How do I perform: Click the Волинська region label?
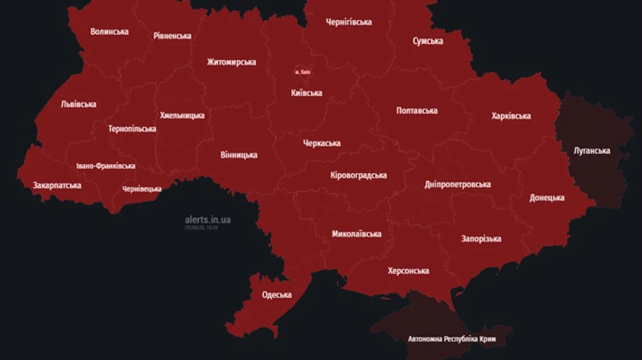[x=109, y=31]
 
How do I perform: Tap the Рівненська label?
[x=172, y=36]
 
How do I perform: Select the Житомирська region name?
[x=231, y=62]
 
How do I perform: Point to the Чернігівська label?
[x=348, y=22]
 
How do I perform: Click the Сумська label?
[x=427, y=41]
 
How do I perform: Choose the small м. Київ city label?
[x=302, y=72]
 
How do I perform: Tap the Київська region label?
[x=306, y=93]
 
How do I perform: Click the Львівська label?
[x=78, y=104]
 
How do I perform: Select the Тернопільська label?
[x=132, y=129]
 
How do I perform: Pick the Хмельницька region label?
[x=182, y=115]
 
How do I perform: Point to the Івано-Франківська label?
[x=106, y=166]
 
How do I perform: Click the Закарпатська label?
[x=57, y=185]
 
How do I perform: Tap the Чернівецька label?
[x=141, y=189]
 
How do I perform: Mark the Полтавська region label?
[x=417, y=110]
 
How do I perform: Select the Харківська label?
[x=511, y=116]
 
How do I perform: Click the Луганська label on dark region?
[x=591, y=150]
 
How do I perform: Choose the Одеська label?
[x=276, y=295]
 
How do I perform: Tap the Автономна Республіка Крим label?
[x=452, y=339]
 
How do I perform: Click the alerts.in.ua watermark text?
[x=207, y=220]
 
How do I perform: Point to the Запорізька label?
[x=481, y=239]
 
